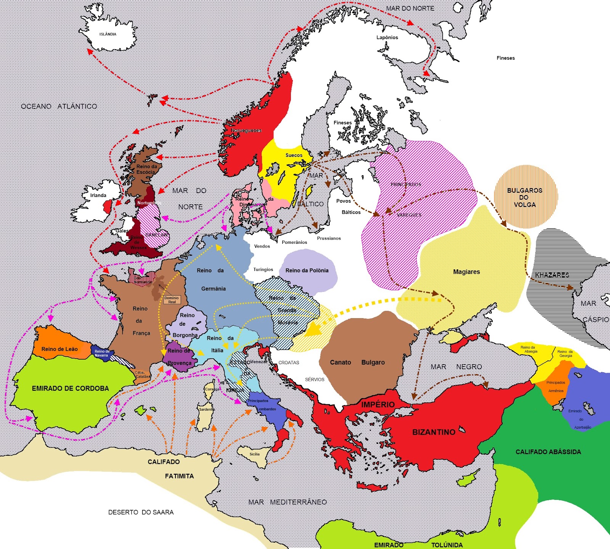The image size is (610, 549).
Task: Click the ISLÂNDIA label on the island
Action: coord(108,34)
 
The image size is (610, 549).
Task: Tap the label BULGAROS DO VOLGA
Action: coord(525,197)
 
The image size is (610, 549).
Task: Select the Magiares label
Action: coord(466,272)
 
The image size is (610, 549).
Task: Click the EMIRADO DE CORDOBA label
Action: coord(70,388)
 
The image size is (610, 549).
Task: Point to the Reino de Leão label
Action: coord(59,349)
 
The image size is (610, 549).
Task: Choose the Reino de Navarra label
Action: coord(102,353)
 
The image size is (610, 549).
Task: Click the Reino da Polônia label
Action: coord(307,270)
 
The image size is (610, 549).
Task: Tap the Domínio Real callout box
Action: coord(172,300)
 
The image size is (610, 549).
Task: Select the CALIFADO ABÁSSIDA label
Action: coord(548,452)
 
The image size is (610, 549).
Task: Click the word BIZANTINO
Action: coord(433,432)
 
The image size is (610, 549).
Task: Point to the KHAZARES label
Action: coord(552,275)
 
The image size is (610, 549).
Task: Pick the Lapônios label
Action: coord(387,37)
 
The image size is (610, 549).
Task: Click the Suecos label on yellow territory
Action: coord(294,155)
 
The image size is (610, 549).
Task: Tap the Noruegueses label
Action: coord(246,130)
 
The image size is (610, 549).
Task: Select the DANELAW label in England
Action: coord(157,235)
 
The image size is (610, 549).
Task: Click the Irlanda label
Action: coord(98,195)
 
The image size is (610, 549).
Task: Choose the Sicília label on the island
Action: coord(255,454)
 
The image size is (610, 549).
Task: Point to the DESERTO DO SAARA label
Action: coord(141,512)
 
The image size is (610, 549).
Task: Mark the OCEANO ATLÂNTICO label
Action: coord(59,106)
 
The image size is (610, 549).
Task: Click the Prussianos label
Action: coord(329,238)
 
